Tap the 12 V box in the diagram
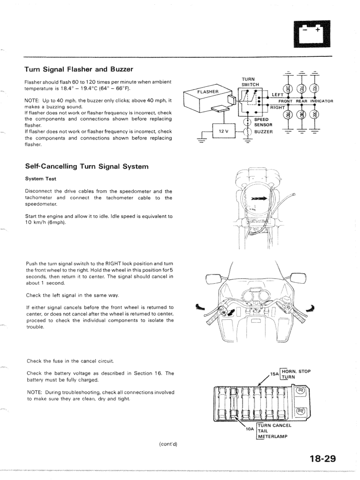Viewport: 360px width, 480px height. [224, 131]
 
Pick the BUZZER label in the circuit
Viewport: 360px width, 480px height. [264, 131]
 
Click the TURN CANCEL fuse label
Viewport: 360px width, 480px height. [275, 425]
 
